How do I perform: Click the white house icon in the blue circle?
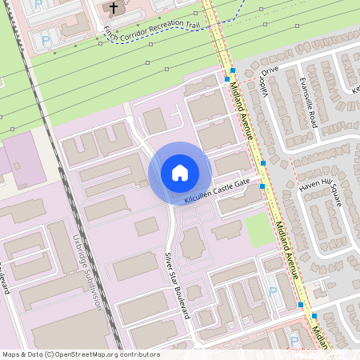pos(179,173)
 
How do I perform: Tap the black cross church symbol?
pos(113,8)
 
